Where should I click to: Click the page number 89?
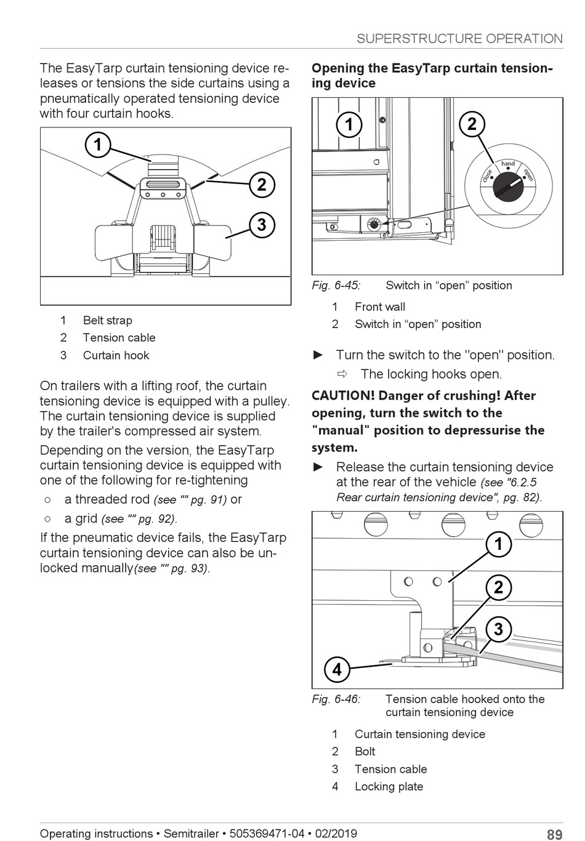(554, 835)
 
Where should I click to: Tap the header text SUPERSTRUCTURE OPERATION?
(459, 39)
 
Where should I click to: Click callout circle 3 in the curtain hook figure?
(262, 225)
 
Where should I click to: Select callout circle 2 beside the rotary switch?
(472, 124)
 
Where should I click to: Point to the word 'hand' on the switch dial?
(508, 164)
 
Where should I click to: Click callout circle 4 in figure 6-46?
(337, 669)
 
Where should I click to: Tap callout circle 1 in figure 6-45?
(349, 125)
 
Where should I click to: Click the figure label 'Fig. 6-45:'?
(336, 286)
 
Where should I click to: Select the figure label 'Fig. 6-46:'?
(336, 699)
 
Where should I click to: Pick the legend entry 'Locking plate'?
(389, 787)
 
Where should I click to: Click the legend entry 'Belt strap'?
(108, 321)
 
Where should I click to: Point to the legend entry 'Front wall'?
(380, 307)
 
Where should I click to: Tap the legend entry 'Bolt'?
(365, 752)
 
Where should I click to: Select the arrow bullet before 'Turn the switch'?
(318, 355)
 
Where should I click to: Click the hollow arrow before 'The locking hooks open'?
(342, 374)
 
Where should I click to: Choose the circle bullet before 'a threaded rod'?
(47, 500)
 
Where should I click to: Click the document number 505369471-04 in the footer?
(267, 834)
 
